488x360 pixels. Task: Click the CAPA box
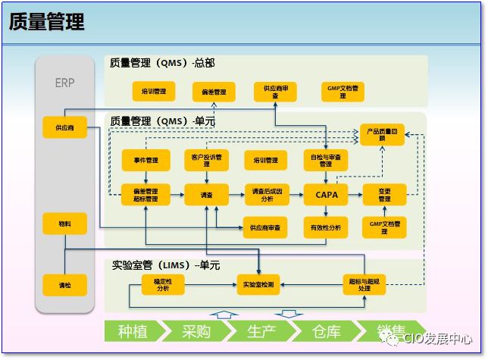[326, 195]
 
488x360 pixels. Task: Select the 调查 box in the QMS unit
[206, 195]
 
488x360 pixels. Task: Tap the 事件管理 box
[145, 160]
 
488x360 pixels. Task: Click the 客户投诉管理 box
[206, 160]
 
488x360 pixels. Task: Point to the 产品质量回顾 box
[382, 135]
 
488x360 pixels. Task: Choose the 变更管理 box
[384, 195]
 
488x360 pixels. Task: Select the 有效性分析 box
[326, 227]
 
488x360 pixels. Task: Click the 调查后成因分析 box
[267, 195]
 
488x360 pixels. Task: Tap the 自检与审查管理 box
[326, 160]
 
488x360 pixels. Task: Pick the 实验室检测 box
[259, 285]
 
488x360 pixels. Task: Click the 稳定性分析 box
[163, 285]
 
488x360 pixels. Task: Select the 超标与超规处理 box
[364, 285]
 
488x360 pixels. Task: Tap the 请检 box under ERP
[64, 285]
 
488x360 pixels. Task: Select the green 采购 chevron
[198, 331]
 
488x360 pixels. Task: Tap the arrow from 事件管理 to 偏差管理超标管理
[145, 177]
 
